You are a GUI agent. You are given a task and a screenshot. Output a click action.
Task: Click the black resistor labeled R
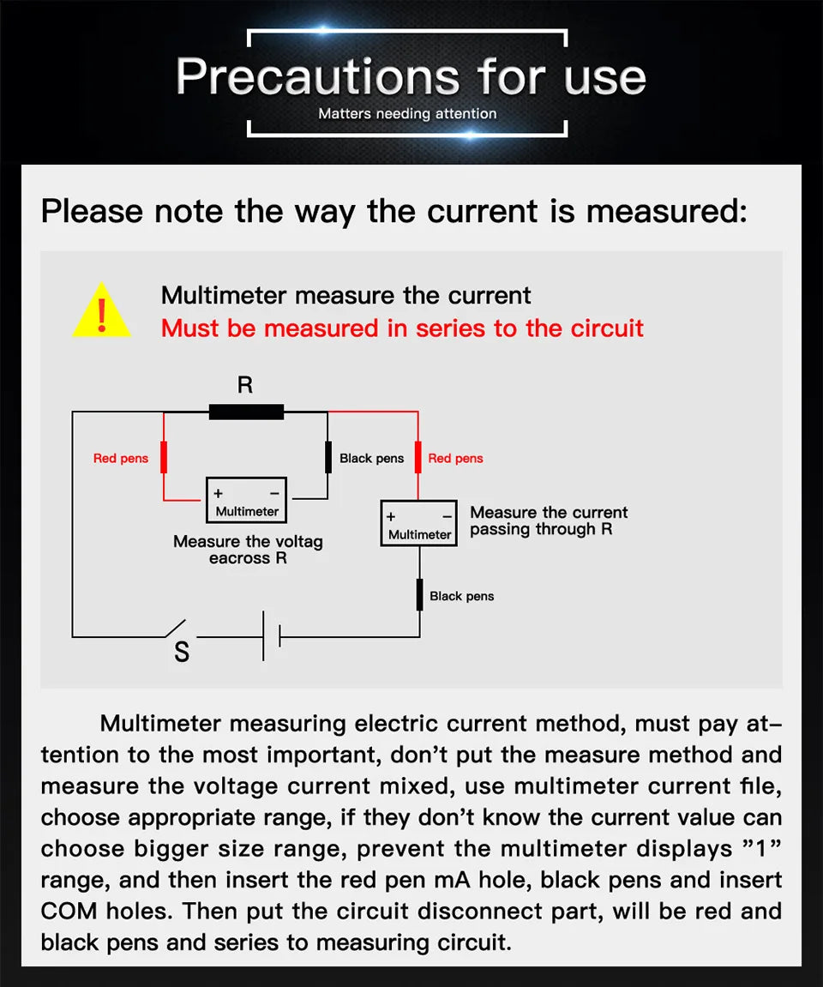click(246, 412)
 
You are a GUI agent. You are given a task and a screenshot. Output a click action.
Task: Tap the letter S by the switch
click(182, 653)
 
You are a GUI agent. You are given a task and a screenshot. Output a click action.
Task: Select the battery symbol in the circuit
click(272, 637)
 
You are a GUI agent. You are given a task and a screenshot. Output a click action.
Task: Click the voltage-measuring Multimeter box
click(247, 501)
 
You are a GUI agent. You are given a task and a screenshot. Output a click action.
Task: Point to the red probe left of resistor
click(164, 458)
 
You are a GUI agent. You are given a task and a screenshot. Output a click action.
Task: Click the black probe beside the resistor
click(327, 458)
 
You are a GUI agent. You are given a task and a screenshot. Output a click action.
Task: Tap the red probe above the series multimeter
click(418, 458)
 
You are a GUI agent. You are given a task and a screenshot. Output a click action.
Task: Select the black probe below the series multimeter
click(419, 595)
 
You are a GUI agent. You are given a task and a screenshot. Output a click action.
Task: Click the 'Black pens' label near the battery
click(462, 596)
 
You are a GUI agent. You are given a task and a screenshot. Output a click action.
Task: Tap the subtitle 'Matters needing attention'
click(407, 114)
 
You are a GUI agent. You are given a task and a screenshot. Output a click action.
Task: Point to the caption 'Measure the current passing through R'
click(549, 521)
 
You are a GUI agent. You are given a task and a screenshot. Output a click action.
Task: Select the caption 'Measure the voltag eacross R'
click(248, 550)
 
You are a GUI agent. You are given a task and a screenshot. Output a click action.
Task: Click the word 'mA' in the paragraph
click(464, 880)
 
